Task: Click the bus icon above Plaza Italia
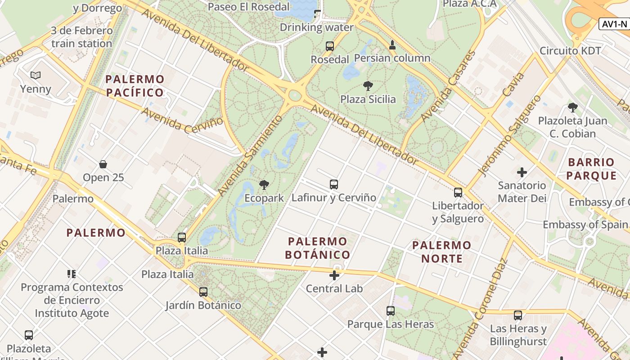182,237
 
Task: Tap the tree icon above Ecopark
264,184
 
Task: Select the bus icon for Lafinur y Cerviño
333,184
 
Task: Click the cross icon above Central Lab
334,275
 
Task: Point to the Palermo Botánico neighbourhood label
318,248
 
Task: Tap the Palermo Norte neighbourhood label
441,252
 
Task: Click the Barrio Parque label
591,169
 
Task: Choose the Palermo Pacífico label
135,86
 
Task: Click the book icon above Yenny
36,75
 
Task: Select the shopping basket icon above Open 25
103,164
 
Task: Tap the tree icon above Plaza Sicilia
368,85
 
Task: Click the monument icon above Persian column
392,45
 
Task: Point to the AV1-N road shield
614,24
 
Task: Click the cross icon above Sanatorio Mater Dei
522,172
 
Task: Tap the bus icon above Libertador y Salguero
458,192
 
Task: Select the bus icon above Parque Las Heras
390,310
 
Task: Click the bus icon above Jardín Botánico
203,292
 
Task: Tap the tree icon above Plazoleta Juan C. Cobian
572,107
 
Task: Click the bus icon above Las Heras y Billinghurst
518,315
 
